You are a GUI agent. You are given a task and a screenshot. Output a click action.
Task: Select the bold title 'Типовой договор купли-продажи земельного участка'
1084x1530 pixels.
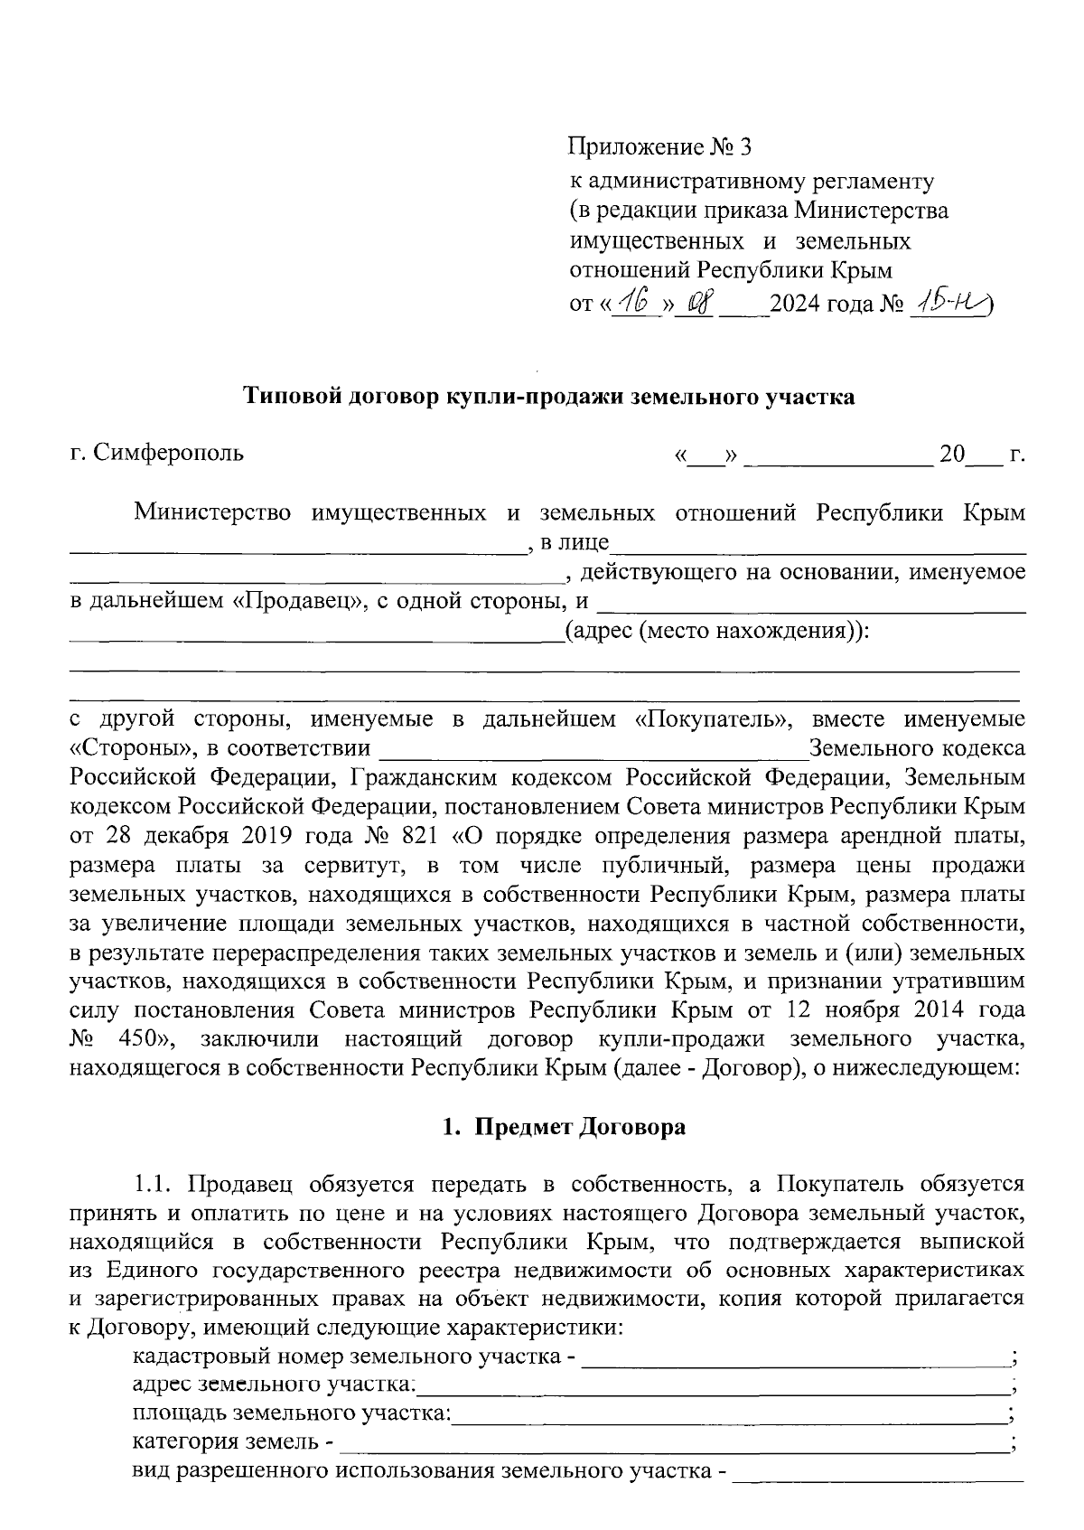pos(549,397)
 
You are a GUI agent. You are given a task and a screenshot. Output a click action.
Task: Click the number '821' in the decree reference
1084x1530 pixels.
pos(415,836)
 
